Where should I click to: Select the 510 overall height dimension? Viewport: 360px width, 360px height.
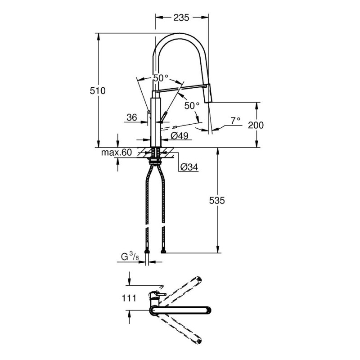click(x=98, y=91)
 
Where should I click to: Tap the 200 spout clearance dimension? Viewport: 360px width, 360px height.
click(x=256, y=126)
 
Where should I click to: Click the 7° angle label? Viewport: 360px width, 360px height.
click(x=235, y=121)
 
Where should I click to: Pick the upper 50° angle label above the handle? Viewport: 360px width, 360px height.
click(x=160, y=78)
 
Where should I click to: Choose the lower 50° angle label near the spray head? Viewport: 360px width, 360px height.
click(x=192, y=106)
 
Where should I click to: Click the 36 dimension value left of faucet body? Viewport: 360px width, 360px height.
click(x=131, y=118)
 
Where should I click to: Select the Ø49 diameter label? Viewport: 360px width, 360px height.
click(x=179, y=135)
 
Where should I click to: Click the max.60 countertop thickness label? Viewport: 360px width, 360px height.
click(x=116, y=153)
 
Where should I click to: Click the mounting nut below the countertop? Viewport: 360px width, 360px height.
click(x=156, y=158)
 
